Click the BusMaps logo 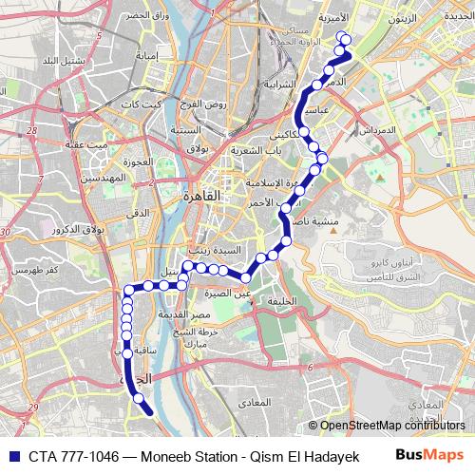point(429,456)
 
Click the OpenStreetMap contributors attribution point(391,426)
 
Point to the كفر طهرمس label point(34,270)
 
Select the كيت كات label point(149,104)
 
